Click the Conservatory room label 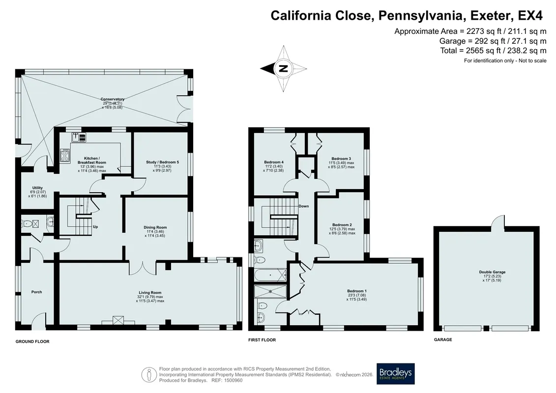[113, 99]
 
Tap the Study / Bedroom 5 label [162, 162]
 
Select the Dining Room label [155, 227]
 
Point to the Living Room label [150, 293]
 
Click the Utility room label [37, 188]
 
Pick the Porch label [36, 292]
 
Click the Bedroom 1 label [357, 291]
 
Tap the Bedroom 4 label [274, 162]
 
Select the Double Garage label [492, 272]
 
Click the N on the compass [283, 68]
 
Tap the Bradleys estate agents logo [395, 374]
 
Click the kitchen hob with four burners [65, 156]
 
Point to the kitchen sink [79, 137]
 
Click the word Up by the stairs [95, 227]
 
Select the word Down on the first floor [303, 206]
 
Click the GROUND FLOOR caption [32, 341]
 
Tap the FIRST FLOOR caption [262, 340]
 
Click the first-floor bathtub [270, 275]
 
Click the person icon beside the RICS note [149, 374]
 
